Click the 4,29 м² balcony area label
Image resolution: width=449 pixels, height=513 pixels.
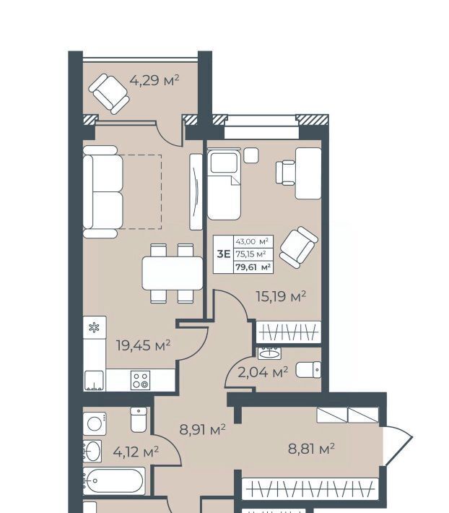pos(154,79)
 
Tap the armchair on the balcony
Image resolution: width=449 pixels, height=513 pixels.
pos(109,94)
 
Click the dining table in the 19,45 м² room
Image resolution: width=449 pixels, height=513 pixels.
pos(173,273)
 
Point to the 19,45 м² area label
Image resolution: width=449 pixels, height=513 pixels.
pos(143,345)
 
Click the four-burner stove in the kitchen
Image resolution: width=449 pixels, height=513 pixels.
pos(141,380)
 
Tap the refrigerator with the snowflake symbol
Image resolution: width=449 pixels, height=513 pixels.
pos(95,327)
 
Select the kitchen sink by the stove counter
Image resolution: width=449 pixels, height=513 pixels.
pos(94,381)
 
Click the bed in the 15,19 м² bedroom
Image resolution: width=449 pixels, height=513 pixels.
pos(224,185)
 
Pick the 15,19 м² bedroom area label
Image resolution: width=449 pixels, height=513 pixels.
pos(281,296)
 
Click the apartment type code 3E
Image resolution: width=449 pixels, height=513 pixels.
pos(224,254)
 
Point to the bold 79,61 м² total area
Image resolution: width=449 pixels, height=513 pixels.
pos(253,267)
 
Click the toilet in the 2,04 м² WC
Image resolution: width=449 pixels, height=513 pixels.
pos(308,370)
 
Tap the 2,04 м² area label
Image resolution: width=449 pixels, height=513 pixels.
pos(263,372)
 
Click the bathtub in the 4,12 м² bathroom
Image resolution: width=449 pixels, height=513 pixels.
pos(114,481)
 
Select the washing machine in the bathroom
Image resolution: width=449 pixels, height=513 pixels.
pos(95,423)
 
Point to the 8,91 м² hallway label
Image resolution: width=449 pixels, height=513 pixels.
pos(203,430)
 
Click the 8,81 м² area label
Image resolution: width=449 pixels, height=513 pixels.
pos(311,449)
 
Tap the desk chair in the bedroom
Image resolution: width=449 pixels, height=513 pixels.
pos(285,173)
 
